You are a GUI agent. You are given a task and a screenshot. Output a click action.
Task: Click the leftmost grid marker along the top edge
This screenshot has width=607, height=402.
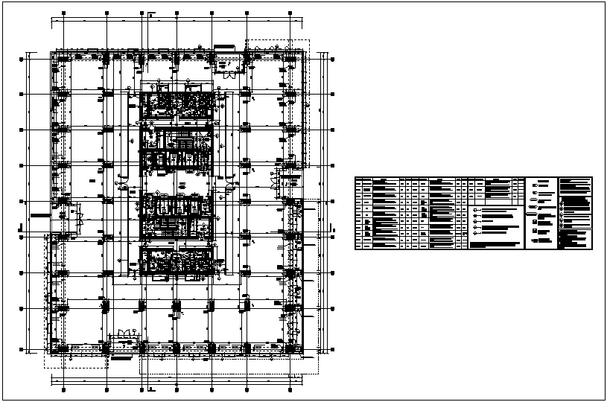pyautogui.click(x=63, y=13)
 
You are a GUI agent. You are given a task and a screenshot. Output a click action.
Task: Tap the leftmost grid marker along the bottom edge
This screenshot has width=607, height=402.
pyautogui.click(x=63, y=389)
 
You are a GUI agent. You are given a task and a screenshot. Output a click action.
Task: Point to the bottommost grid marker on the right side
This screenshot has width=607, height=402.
pyautogui.click(x=332, y=344)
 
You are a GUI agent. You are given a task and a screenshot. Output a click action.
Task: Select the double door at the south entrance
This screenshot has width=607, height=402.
pyautogui.click(x=127, y=333)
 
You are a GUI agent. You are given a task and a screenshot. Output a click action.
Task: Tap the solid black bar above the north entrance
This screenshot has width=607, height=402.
pyautogui.click(x=223, y=48)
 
